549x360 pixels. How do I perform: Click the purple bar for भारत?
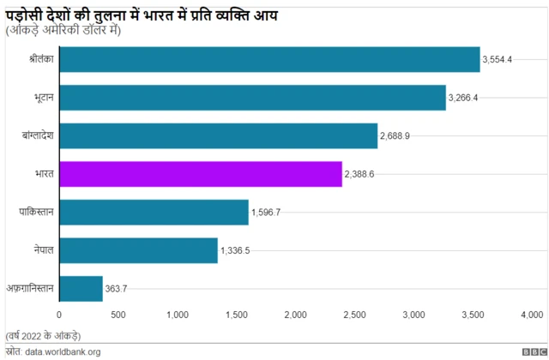200,174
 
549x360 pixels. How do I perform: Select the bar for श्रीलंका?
269,59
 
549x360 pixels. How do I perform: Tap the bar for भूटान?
252,98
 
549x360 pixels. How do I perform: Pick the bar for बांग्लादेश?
218,135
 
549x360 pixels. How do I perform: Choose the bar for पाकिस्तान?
154,212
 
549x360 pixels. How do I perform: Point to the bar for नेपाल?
138,250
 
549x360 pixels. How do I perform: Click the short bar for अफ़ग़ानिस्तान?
81,289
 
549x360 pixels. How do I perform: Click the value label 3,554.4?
498,59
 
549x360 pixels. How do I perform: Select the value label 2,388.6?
360,174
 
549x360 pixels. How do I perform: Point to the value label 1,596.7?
266,212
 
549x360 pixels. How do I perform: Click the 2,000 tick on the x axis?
295,315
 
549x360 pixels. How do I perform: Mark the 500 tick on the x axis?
118,315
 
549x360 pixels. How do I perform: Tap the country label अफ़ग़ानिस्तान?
31,289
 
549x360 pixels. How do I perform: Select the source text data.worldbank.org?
63,351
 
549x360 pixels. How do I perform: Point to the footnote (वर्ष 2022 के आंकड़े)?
43,334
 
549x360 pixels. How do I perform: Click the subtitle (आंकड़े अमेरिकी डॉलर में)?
63,31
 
